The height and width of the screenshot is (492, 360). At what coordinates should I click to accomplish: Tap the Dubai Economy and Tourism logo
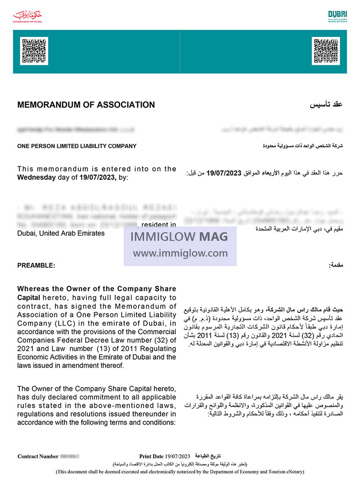click(337, 17)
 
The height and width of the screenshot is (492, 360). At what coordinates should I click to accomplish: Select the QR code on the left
click(34, 51)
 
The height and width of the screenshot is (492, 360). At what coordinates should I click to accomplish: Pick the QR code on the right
click(325, 51)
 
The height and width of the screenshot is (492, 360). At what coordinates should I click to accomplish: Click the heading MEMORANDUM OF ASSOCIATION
click(86, 105)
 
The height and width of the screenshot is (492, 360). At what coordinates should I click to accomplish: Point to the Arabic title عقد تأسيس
click(326, 105)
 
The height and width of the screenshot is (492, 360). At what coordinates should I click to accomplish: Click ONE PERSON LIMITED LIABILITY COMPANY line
click(76, 146)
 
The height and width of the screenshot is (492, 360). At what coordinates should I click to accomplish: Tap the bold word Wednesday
click(36, 177)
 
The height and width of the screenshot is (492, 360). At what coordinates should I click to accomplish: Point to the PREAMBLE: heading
click(36, 266)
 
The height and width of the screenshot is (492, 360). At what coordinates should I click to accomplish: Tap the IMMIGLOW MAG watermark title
click(180, 237)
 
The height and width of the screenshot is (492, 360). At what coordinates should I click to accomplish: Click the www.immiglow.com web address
click(180, 253)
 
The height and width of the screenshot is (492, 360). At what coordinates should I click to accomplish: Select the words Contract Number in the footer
click(38, 456)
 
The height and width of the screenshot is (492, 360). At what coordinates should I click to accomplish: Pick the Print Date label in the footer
click(152, 456)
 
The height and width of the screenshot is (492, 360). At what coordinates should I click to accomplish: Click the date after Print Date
click(178, 456)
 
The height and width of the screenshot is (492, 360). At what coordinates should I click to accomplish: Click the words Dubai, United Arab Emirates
click(61, 233)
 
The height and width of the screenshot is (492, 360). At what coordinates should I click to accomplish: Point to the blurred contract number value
click(70, 456)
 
